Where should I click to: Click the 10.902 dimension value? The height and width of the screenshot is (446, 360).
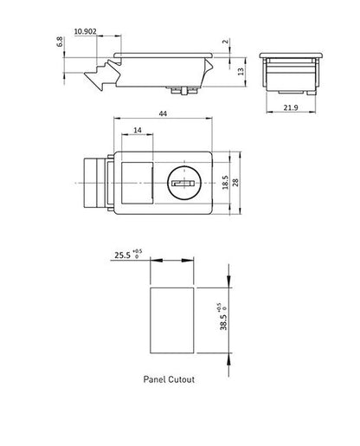(x=85, y=31)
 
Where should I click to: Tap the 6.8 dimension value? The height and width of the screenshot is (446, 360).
(x=60, y=42)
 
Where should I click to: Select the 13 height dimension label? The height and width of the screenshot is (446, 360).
(x=241, y=71)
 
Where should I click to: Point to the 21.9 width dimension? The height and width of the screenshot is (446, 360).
(x=291, y=107)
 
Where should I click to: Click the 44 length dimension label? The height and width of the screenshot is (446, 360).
(x=163, y=113)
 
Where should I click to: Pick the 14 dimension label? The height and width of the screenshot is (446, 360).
(x=138, y=130)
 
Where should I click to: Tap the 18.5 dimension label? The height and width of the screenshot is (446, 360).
(x=225, y=183)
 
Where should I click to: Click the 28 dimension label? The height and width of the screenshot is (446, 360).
(x=235, y=183)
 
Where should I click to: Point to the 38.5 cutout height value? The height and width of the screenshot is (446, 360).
(x=223, y=322)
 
